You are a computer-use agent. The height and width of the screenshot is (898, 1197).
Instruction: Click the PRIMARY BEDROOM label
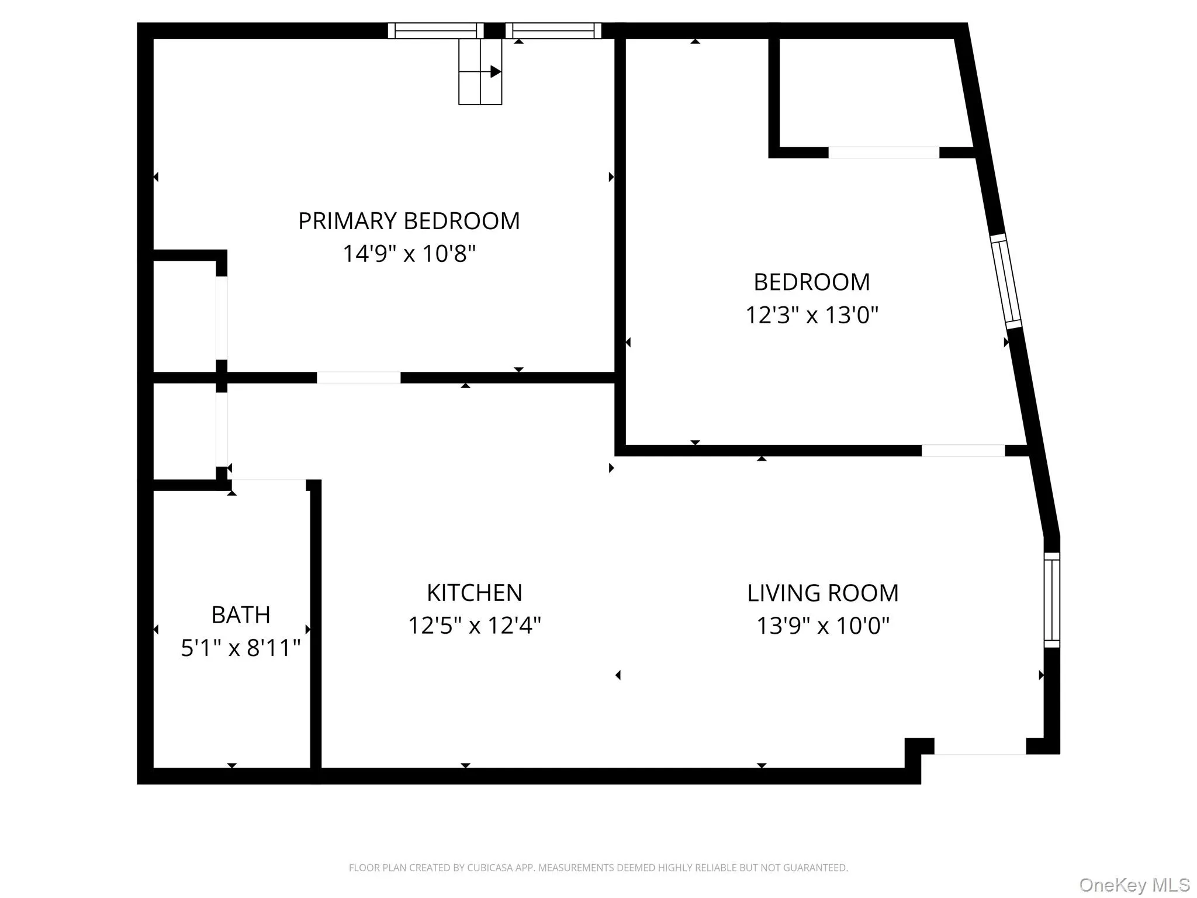click(409, 221)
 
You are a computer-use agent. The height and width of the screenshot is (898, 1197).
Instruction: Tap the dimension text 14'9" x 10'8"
click(409, 254)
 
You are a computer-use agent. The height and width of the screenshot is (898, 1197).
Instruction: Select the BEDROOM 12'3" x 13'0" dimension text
click(812, 315)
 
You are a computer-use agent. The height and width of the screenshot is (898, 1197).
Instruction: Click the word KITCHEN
click(474, 593)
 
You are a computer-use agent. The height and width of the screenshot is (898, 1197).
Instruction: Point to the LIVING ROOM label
click(822, 593)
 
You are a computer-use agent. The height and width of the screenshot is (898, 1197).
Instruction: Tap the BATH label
click(240, 615)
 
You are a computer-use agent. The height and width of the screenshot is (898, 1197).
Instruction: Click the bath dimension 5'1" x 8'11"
click(240, 648)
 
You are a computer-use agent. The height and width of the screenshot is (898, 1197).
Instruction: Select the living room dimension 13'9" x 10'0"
click(822, 626)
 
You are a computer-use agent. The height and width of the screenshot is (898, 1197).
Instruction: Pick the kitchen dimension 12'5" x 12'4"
click(474, 626)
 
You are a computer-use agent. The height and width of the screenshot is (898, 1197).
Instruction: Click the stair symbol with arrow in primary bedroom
click(480, 72)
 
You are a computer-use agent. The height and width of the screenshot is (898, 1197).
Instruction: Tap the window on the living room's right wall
click(1051, 600)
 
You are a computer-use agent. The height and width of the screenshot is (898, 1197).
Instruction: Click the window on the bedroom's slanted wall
click(1006, 281)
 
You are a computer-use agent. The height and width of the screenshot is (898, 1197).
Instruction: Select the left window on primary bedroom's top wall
click(435, 30)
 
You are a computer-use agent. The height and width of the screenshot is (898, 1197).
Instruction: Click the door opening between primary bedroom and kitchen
click(358, 378)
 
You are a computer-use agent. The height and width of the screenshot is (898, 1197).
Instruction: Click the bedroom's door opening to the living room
click(963, 450)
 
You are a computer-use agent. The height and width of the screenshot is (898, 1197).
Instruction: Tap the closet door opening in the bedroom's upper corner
click(883, 153)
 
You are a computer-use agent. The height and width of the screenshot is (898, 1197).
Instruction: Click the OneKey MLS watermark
click(1134, 885)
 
